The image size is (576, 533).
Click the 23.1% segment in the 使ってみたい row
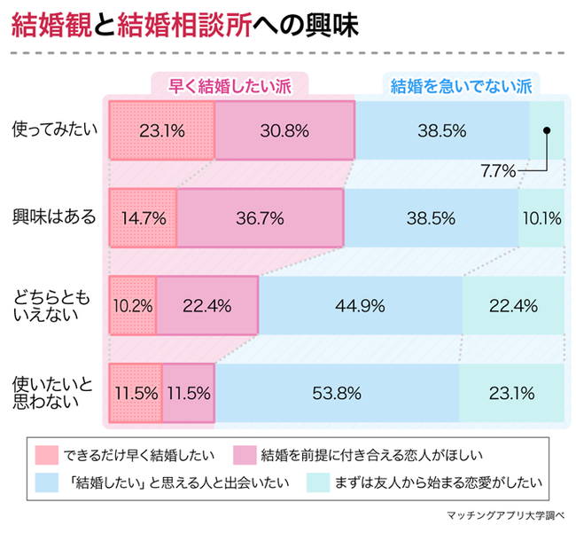click(161, 130)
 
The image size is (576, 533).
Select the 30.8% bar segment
click(284, 130)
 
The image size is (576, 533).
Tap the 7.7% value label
click(498, 171)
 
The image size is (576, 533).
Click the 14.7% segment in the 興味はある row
click(143, 217)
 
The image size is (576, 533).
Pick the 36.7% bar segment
click(261, 217)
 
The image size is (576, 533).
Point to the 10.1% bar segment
click(541, 217)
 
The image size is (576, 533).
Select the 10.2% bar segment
click(132, 306)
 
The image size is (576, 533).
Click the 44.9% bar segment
click(360, 306)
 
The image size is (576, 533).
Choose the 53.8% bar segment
click(336, 391)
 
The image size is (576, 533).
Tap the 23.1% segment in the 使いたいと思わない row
click(511, 391)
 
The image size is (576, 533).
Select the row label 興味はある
click(53, 217)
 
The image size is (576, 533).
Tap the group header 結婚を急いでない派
click(460, 85)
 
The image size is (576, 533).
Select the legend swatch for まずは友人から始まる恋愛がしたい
click(318, 484)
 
